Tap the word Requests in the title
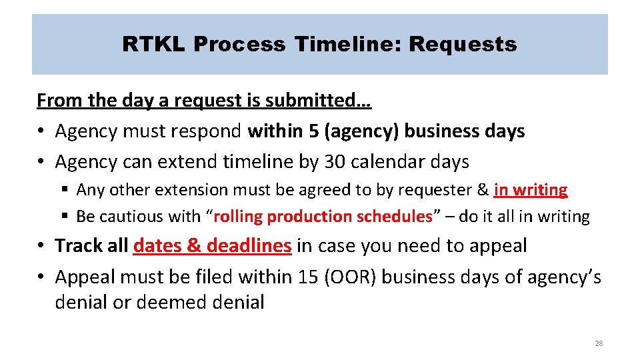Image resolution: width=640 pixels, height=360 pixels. pyautogui.click(x=463, y=45)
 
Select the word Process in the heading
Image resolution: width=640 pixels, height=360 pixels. pyautogui.click(x=237, y=45)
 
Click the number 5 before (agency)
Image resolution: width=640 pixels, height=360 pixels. pyautogui.click(x=313, y=131)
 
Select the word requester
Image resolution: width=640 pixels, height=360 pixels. pyautogui.click(x=438, y=190)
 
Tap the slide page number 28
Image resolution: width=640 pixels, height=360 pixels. pyautogui.click(x=598, y=343)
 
